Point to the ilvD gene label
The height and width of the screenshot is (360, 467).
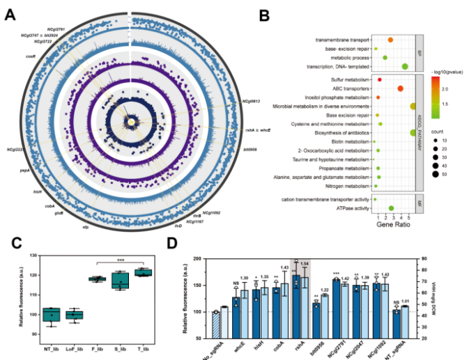coord(178,227)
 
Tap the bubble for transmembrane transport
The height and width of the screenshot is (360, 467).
coord(390,40)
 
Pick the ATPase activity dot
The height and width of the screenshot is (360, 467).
coord(391,208)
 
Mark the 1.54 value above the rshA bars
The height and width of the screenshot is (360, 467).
coord(304,263)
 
